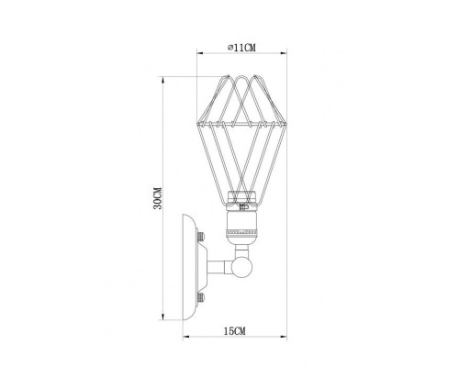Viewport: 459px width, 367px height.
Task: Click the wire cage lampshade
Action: pyautogui.click(x=241, y=133)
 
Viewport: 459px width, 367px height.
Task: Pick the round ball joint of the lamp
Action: pyautogui.click(x=244, y=268)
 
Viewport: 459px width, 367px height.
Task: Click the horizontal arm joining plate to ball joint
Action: pyautogui.click(x=221, y=268)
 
